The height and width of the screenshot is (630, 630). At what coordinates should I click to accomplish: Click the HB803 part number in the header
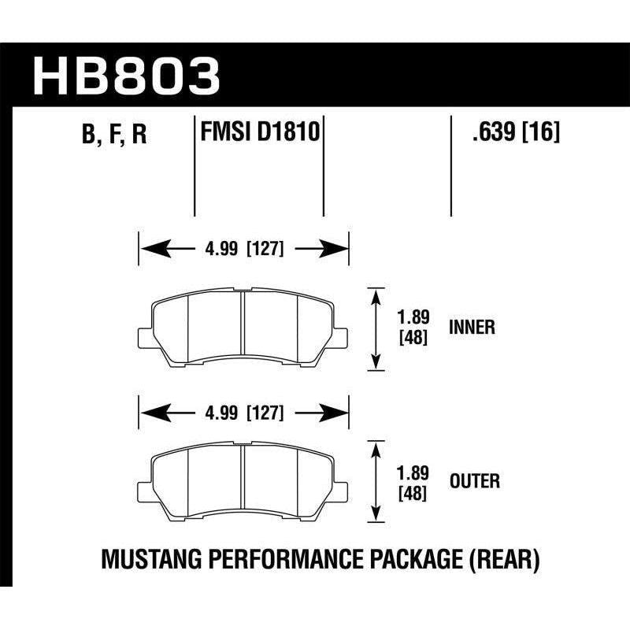pos(127,76)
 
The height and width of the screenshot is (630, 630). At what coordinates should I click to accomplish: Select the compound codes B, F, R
pos(114,135)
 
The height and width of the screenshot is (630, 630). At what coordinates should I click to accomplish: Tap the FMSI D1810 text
pos(259,132)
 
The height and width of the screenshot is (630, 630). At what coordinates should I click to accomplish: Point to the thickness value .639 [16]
pos(515,132)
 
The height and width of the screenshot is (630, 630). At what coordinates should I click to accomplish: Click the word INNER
pos(472,328)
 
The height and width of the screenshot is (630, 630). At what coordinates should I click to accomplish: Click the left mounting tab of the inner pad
pos(145,336)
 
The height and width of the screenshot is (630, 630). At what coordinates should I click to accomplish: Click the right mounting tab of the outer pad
pos(341,489)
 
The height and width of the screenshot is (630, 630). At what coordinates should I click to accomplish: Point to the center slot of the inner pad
pos(243,327)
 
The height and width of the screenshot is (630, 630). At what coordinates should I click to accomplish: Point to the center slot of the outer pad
pos(243,480)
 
